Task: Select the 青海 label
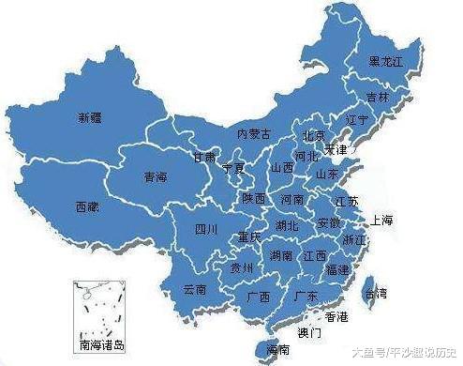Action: coord(156,175)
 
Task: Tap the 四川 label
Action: coord(206,229)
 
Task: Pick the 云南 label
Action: coord(194,289)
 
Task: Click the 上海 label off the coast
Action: coord(382,221)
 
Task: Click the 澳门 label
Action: coord(309,333)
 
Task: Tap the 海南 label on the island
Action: coord(277,349)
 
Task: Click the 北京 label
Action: coord(314,134)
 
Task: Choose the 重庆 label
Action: coord(248,237)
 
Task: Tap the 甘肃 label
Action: coord(203,157)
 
